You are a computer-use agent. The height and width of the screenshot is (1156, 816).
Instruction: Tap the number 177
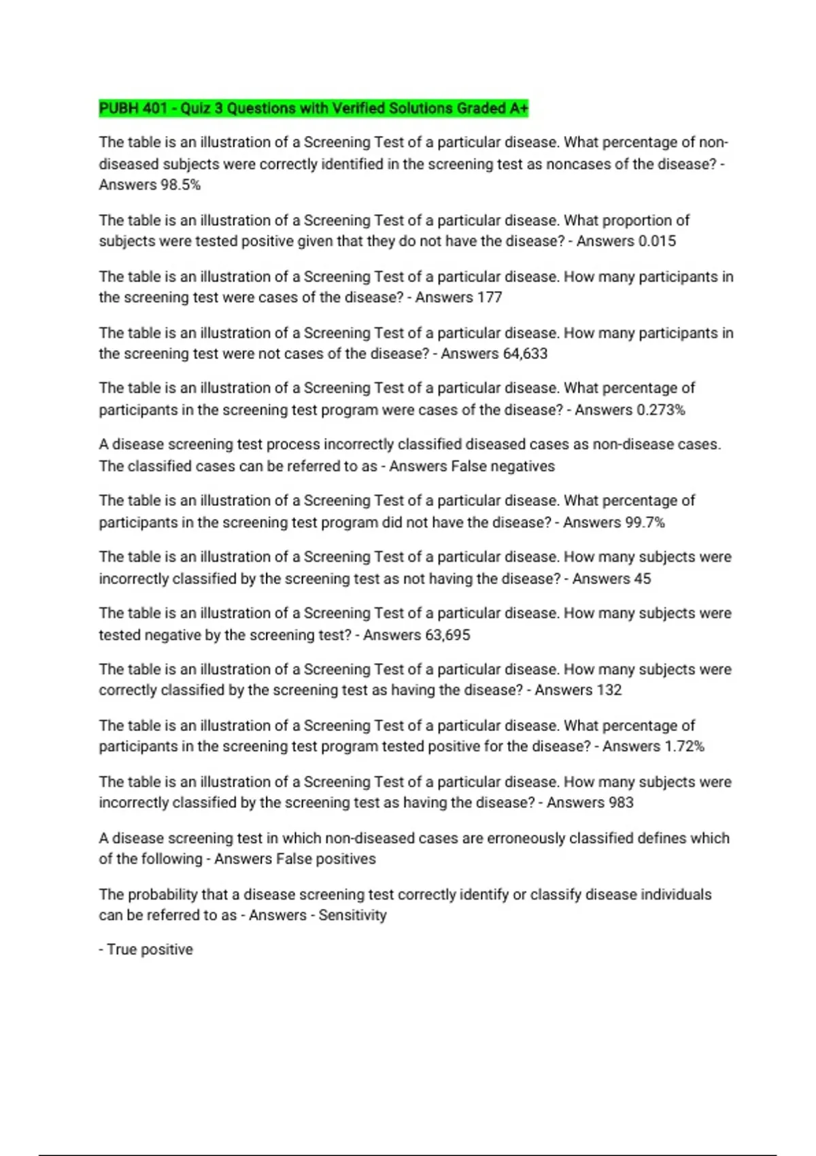[x=490, y=297]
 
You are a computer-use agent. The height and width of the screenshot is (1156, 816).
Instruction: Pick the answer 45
[x=642, y=579]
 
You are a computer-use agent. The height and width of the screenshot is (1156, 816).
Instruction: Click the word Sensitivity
[x=352, y=915]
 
